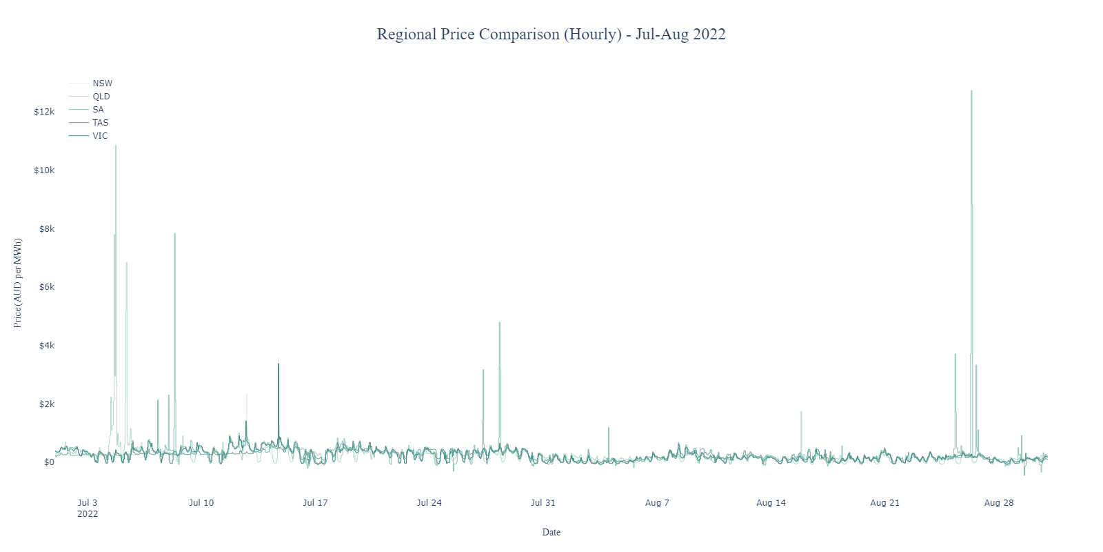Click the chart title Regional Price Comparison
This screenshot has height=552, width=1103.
click(x=551, y=34)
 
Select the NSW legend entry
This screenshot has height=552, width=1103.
click(x=102, y=83)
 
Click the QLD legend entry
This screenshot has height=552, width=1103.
click(x=101, y=97)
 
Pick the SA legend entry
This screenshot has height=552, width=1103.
click(x=98, y=110)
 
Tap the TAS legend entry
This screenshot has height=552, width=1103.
click(x=100, y=123)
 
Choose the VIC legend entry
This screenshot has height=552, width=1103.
click(x=100, y=136)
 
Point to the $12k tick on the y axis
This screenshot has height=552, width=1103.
click(x=44, y=112)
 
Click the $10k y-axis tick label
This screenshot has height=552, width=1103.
click(x=44, y=170)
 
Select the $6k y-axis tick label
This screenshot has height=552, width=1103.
click(x=46, y=287)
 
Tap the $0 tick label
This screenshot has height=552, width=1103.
click(x=49, y=462)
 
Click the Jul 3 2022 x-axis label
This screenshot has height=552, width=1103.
click(x=88, y=508)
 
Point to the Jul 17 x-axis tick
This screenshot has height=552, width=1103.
click(x=315, y=503)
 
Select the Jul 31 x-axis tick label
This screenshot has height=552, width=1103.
click(x=543, y=503)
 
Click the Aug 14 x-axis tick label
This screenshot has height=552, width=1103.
click(x=771, y=503)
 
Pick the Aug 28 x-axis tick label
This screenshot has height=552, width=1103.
click(x=998, y=503)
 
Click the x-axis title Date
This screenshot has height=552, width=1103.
click(x=551, y=533)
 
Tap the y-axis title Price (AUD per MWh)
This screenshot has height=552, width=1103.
click(x=18, y=283)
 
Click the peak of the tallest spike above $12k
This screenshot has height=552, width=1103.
click(x=971, y=90)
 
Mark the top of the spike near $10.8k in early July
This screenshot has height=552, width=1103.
click(x=116, y=146)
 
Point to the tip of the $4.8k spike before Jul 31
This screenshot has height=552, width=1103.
click(x=500, y=322)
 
